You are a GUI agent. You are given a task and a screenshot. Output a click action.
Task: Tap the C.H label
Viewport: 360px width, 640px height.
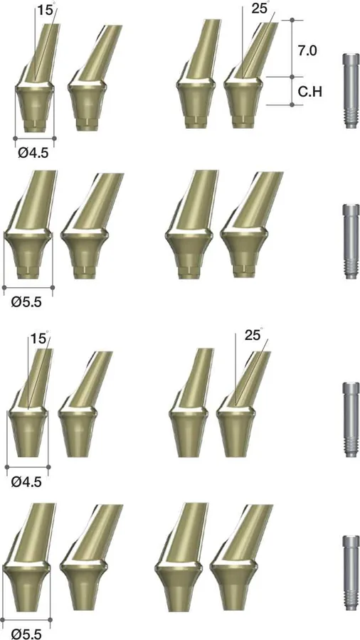(310, 92)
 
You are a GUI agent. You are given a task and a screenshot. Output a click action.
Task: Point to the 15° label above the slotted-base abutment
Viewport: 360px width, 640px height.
(46, 9)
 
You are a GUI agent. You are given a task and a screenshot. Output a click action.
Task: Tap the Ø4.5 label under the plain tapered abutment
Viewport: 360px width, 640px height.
(27, 481)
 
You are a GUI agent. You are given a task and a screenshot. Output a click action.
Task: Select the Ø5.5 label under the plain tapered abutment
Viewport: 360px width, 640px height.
(27, 633)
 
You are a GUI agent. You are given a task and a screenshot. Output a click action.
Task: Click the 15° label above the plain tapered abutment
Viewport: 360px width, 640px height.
(40, 338)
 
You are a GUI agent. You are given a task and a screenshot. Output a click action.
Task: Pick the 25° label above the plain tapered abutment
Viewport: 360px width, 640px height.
(254, 335)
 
